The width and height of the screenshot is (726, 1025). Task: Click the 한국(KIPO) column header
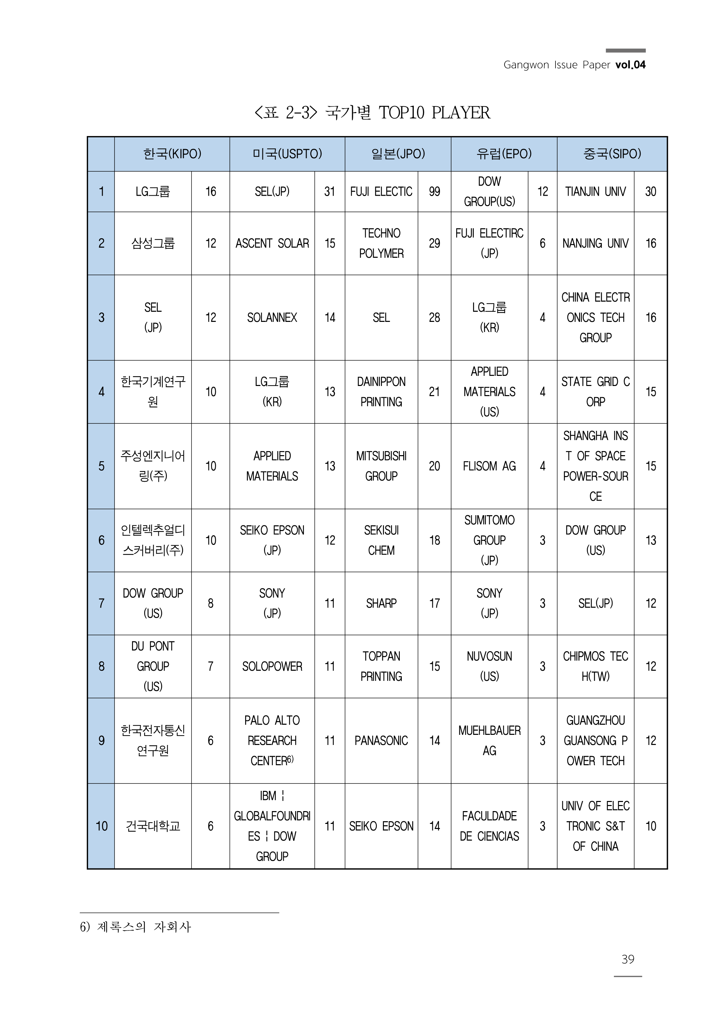172,154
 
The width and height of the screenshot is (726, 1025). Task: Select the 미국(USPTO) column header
287,154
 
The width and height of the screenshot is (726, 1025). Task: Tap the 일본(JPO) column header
398,154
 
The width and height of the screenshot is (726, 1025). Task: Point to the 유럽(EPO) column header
504,154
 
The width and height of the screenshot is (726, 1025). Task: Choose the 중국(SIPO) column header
612,154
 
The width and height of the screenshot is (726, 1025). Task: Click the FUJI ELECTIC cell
381,192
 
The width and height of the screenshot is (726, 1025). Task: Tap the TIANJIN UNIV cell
595,192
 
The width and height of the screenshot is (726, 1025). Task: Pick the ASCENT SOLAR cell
272,243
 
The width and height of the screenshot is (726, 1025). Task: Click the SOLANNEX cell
272,317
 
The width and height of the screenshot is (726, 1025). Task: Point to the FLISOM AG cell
490,466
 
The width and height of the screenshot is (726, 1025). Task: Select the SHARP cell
381,603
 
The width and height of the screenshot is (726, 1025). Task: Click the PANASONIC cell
381,741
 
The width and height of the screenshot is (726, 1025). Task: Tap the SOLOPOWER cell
272,666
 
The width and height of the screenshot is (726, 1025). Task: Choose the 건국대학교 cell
153,826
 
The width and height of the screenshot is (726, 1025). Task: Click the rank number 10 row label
102,826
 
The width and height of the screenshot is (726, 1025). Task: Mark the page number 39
628,959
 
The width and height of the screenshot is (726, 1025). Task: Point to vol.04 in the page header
630,65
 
